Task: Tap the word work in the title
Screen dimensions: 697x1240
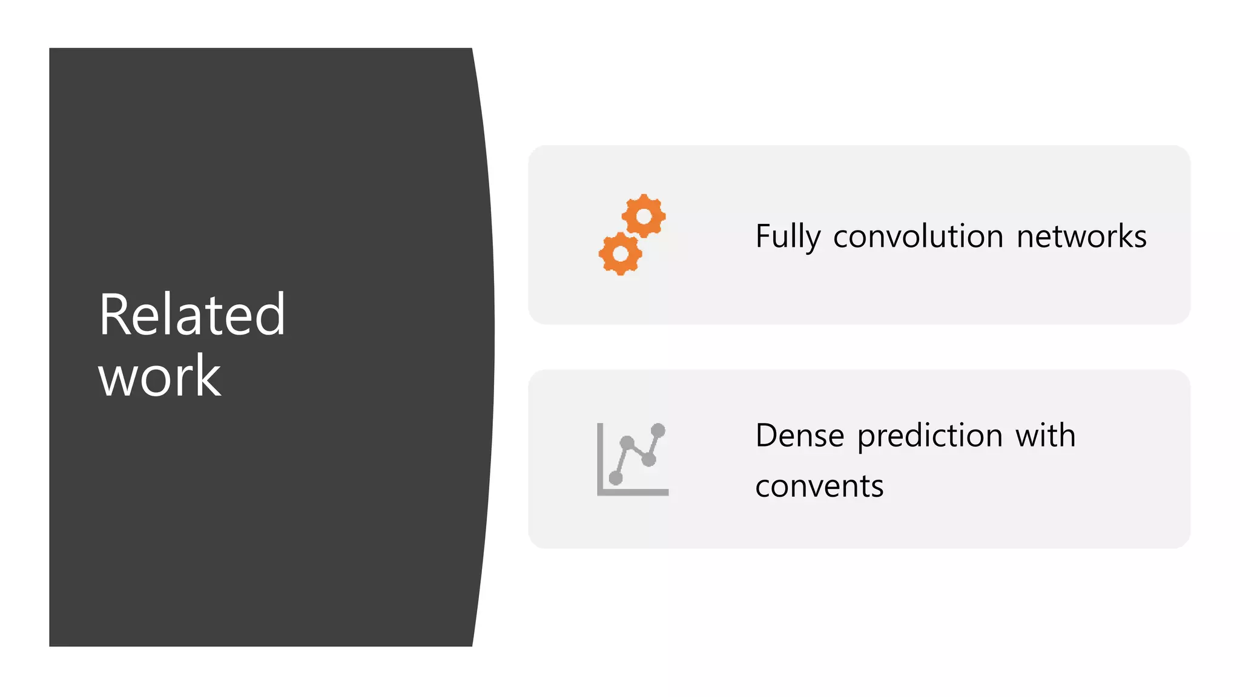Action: pyautogui.click(x=160, y=376)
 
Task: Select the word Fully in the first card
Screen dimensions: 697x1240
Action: pyautogui.click(x=788, y=237)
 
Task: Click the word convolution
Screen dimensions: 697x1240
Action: pyautogui.click(x=918, y=236)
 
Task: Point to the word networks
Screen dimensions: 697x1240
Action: pyautogui.click(x=1081, y=236)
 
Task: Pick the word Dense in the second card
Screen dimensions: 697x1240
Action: pyautogui.click(x=799, y=436)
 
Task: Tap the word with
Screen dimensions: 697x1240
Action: pyautogui.click(x=1046, y=436)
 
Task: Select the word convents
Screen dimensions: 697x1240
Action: pyautogui.click(x=819, y=486)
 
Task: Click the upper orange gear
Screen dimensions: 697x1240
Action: pyautogui.click(x=644, y=216)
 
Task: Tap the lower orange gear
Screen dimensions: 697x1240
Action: pyautogui.click(x=621, y=254)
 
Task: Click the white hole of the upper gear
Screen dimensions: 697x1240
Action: pyautogui.click(x=644, y=216)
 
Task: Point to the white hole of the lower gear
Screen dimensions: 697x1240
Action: pyautogui.click(x=621, y=254)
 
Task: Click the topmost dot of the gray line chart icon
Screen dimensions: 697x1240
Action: pyautogui.click(x=658, y=431)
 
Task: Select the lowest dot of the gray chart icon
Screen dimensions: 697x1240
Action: pyautogui.click(x=616, y=478)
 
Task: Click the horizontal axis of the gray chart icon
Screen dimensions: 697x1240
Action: pyautogui.click(x=633, y=492)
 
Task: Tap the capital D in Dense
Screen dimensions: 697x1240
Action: pyautogui.click(x=767, y=436)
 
